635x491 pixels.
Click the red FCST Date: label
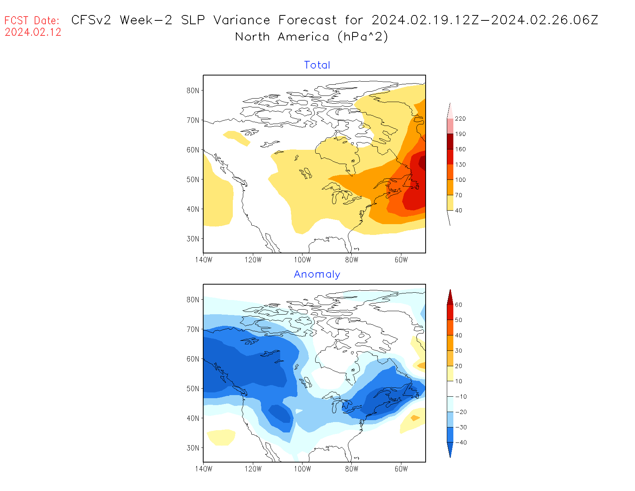pyautogui.click(x=32, y=20)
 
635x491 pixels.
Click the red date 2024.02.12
pyautogui.click(x=33, y=32)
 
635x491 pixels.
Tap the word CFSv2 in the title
pyautogui.click(x=91, y=20)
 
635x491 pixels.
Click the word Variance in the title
pyautogui.click(x=242, y=20)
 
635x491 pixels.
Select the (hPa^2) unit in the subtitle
pyautogui.click(x=363, y=37)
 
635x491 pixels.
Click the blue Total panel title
pyautogui.click(x=317, y=65)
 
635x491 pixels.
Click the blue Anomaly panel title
pyautogui.click(x=317, y=274)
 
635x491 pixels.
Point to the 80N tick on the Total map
pyautogui.click(x=193, y=90)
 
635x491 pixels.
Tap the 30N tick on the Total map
pyautogui.click(x=193, y=239)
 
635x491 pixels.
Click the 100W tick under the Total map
pyautogui.click(x=302, y=260)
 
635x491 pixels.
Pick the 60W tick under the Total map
pyautogui.click(x=401, y=260)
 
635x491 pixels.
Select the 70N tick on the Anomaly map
pyautogui.click(x=193, y=329)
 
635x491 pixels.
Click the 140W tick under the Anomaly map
pyautogui.click(x=204, y=469)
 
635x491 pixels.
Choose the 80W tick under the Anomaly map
pyautogui.click(x=352, y=469)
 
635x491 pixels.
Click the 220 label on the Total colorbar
pyautogui.click(x=460, y=119)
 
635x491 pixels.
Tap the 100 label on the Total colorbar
pyautogui.click(x=460, y=180)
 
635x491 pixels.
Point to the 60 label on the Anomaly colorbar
pyautogui.click(x=458, y=305)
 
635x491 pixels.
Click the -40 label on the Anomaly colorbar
pyautogui.click(x=461, y=442)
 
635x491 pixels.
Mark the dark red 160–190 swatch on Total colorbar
pyautogui.click(x=450, y=141)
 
